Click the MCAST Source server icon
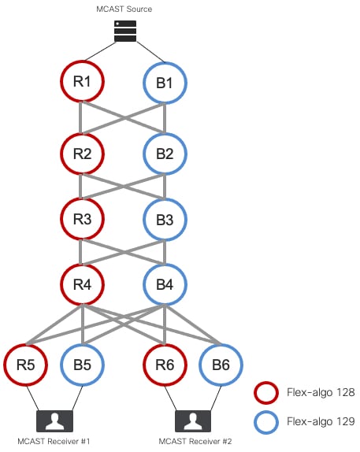pos(125,31)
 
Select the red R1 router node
pos(82,61)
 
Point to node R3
pos(82,199)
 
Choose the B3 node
pos(165,199)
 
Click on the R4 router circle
pos(82,265)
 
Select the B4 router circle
pos(165,265)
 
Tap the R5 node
pos(26,345)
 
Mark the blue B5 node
pos(82,345)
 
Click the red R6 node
pos(165,345)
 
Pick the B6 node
pos(221,345)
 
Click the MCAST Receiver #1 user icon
pos(54,421)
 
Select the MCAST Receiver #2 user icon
pos(193,421)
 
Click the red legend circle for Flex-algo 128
pos(266,383)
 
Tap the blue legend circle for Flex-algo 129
pos(266,412)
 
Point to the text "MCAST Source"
pos(124,9)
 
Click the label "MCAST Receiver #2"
pos(195,441)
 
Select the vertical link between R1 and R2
pos(80,117)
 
